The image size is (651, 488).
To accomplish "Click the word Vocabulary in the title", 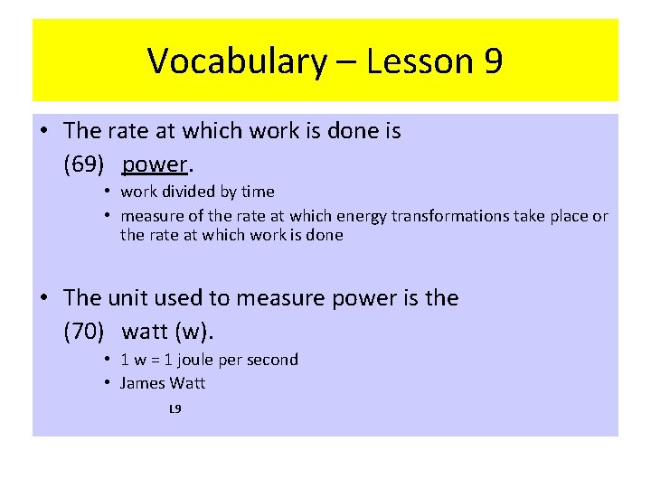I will (235, 61).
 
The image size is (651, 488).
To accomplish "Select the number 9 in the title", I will (494, 61).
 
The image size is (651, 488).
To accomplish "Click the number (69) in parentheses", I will (84, 164).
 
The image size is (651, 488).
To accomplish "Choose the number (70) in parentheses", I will (84, 332).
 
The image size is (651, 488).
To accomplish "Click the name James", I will (143, 383).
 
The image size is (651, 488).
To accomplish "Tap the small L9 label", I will (175, 409).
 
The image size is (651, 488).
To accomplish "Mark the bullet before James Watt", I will (107, 383).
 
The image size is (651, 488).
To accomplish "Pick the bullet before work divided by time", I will (107, 192).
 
